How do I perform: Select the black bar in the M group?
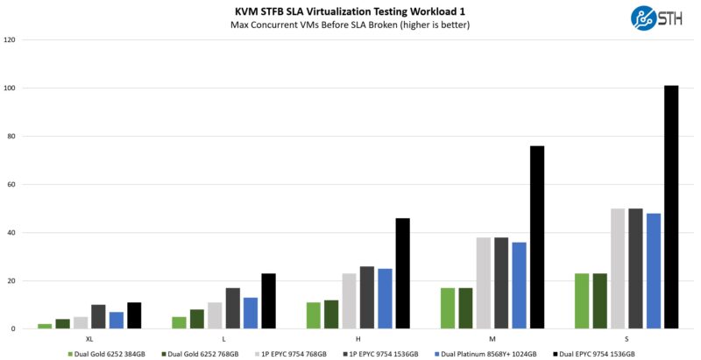(536, 237)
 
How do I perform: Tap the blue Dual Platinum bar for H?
(385, 299)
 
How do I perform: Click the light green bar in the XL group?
(45, 326)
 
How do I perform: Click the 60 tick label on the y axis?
(11, 185)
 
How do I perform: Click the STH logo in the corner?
(657, 18)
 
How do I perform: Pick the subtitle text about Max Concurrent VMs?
(350, 25)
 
